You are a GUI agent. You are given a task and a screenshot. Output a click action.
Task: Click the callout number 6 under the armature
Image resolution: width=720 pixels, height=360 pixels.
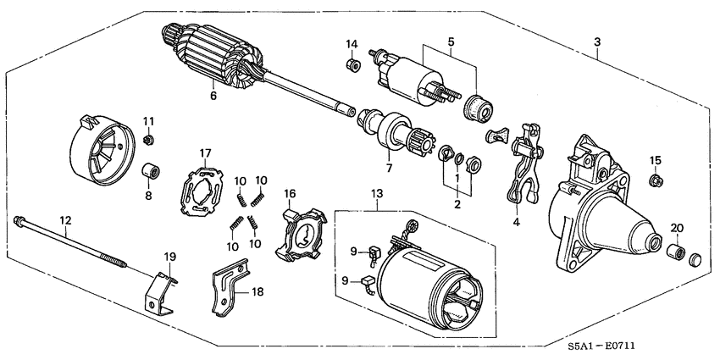(x=213, y=96)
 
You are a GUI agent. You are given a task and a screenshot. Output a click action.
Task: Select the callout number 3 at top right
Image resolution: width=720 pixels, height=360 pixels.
(x=598, y=42)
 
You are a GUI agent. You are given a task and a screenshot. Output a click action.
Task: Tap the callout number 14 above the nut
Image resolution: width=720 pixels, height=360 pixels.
(x=351, y=44)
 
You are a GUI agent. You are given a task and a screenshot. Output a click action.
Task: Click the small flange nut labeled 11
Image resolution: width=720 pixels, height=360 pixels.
(x=149, y=139)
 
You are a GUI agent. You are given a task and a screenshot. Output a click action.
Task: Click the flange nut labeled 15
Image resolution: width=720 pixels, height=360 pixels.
(x=655, y=180)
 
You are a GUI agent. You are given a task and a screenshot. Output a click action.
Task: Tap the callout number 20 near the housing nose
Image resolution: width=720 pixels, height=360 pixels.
(x=677, y=227)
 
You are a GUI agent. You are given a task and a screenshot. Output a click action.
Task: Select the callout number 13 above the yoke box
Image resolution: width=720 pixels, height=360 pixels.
(x=377, y=195)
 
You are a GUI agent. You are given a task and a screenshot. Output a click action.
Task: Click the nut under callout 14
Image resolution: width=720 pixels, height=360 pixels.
(x=351, y=64)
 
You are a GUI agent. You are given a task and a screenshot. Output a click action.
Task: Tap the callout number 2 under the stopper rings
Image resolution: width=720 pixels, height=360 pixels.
(x=457, y=204)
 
